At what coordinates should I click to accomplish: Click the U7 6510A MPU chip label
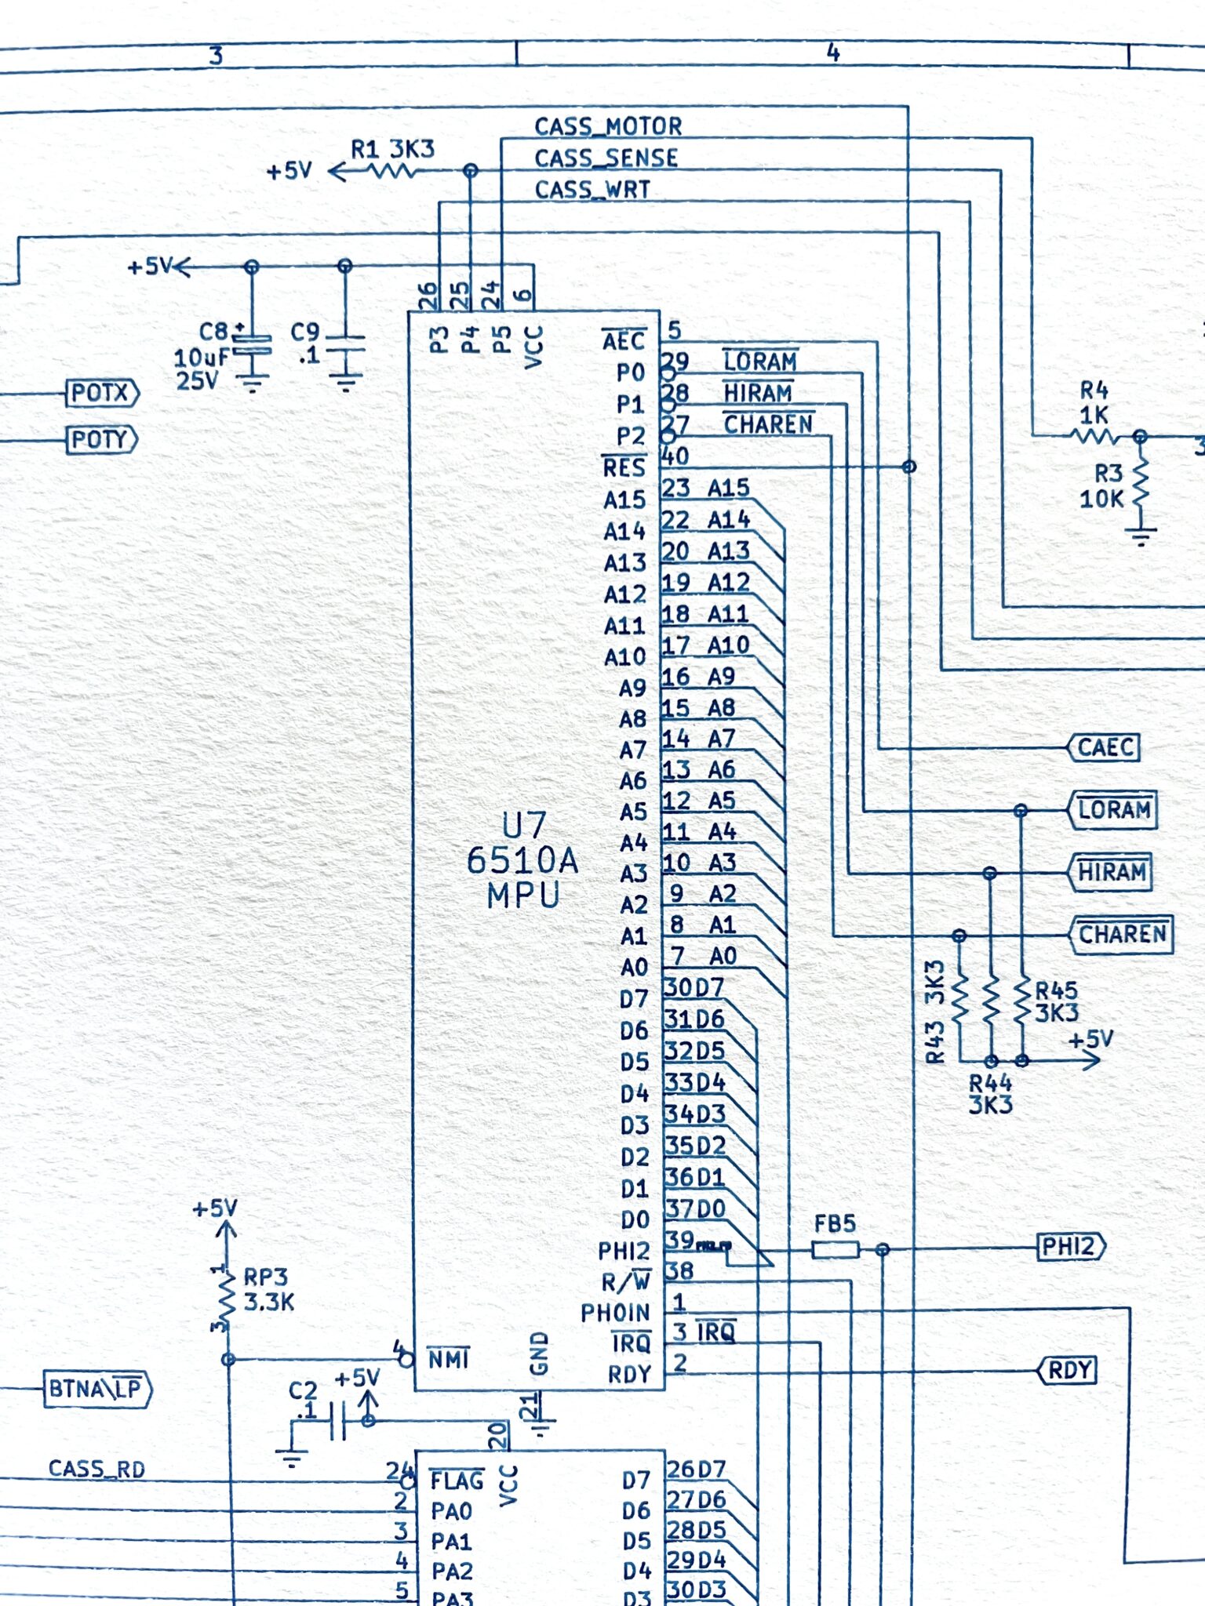click(523, 860)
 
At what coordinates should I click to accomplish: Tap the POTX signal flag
click(103, 392)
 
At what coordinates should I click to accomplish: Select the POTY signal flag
click(102, 439)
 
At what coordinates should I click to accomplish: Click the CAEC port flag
click(1104, 747)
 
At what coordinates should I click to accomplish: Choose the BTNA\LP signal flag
click(96, 1389)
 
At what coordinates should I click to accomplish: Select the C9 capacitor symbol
click(345, 344)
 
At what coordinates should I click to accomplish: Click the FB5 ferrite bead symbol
click(835, 1249)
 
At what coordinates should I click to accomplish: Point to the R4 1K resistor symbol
click(1094, 435)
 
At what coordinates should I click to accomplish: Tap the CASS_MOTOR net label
click(608, 126)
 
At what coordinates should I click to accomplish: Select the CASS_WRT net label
click(592, 190)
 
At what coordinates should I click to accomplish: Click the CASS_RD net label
click(97, 1469)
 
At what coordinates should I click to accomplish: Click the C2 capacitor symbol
click(338, 1421)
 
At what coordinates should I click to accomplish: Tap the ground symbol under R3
click(1141, 538)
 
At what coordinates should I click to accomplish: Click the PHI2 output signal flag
click(1072, 1246)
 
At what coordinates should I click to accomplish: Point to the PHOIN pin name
click(615, 1312)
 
